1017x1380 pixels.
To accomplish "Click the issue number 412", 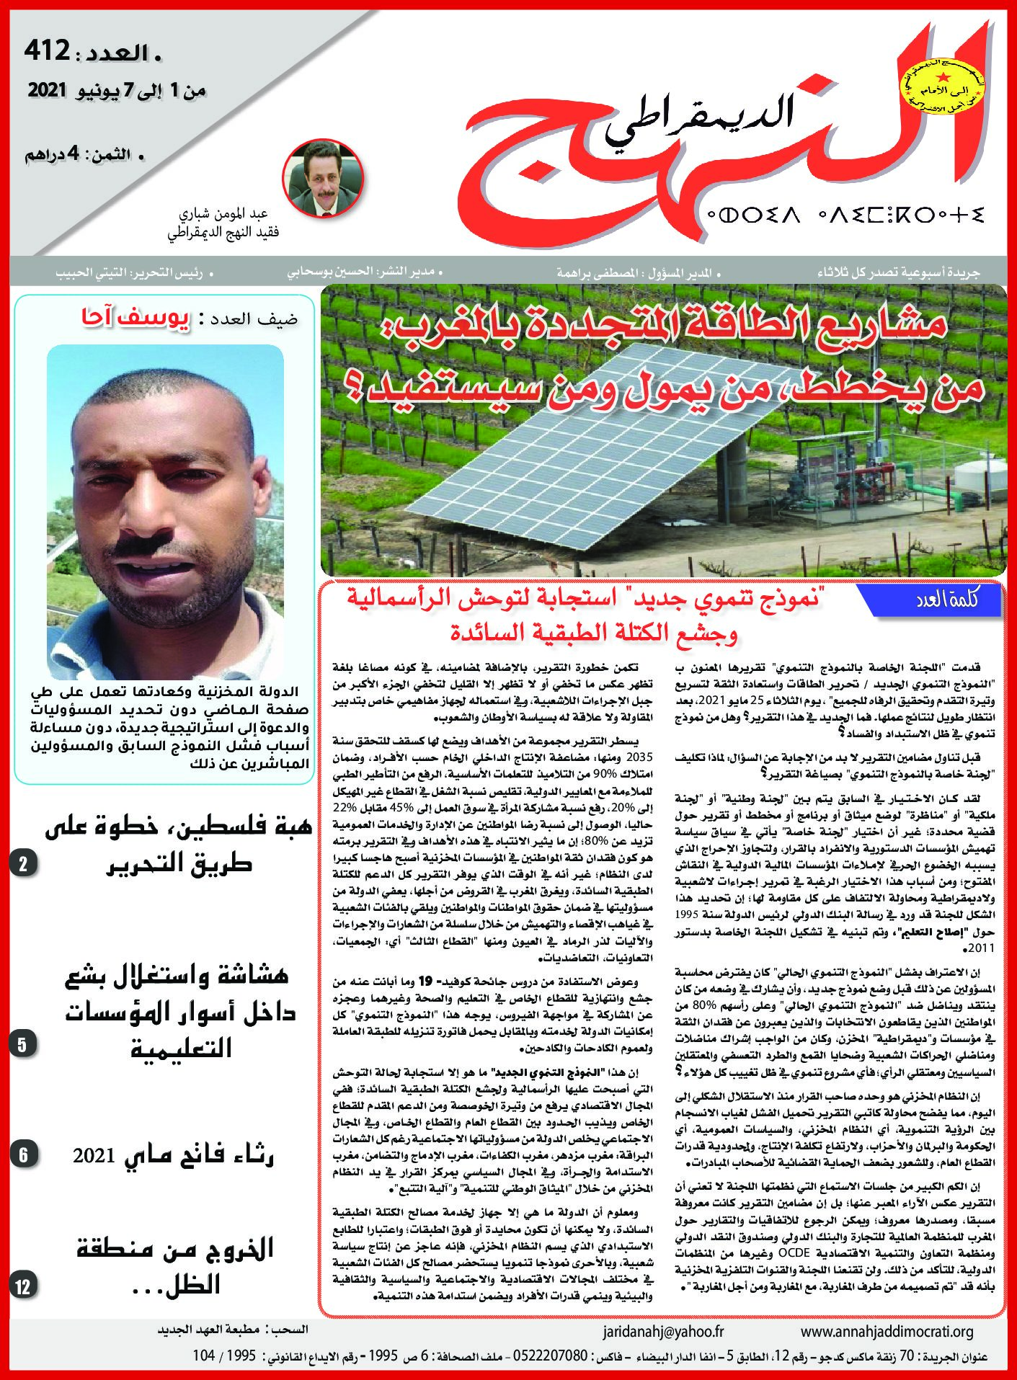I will click(x=48, y=50).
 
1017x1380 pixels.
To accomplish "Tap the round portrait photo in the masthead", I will click(x=323, y=178).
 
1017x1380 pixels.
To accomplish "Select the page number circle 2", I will click(x=23, y=864).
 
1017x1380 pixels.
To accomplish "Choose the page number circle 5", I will click(x=23, y=1044).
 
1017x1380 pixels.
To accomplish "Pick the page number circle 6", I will click(x=23, y=1155).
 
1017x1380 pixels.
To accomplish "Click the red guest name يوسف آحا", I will click(x=136, y=318).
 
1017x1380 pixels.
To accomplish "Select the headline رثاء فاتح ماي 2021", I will click(x=173, y=1155).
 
